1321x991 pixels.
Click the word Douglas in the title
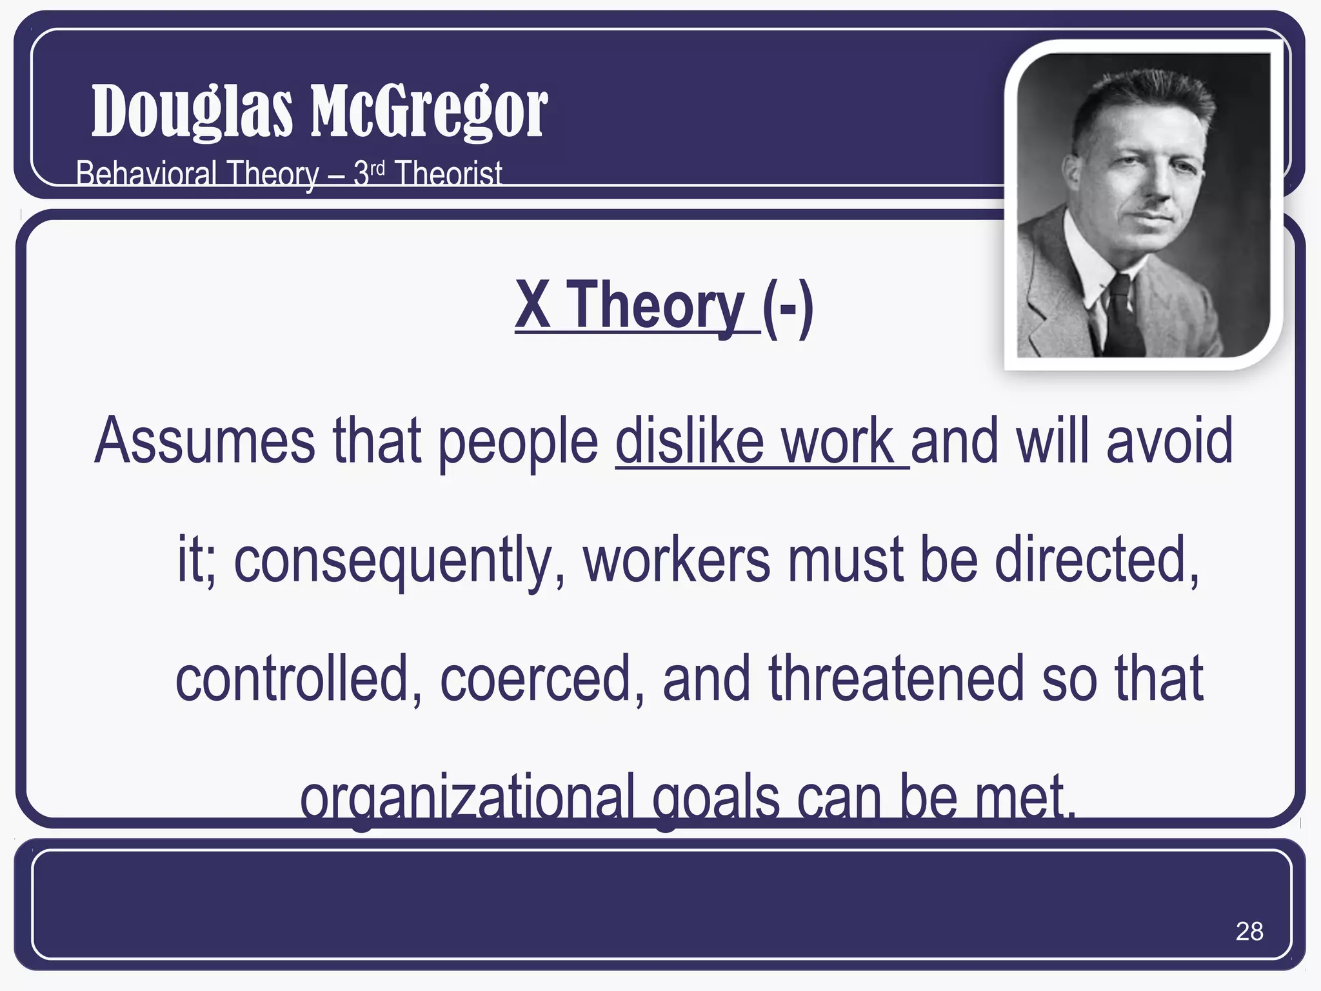pyautogui.click(x=192, y=112)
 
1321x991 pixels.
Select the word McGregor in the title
pyautogui.click(x=429, y=112)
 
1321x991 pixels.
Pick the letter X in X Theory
pyautogui.click(x=533, y=305)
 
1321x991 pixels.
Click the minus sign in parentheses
pyautogui.click(x=788, y=308)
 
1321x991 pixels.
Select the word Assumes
pyautogui.click(x=205, y=441)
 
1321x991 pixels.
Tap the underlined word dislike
pyautogui.click(x=689, y=441)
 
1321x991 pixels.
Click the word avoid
pyautogui.click(x=1169, y=441)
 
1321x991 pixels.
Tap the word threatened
pyautogui.click(x=895, y=678)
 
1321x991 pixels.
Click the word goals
pyautogui.click(x=716, y=799)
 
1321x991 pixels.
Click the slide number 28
pyautogui.click(x=1249, y=931)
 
